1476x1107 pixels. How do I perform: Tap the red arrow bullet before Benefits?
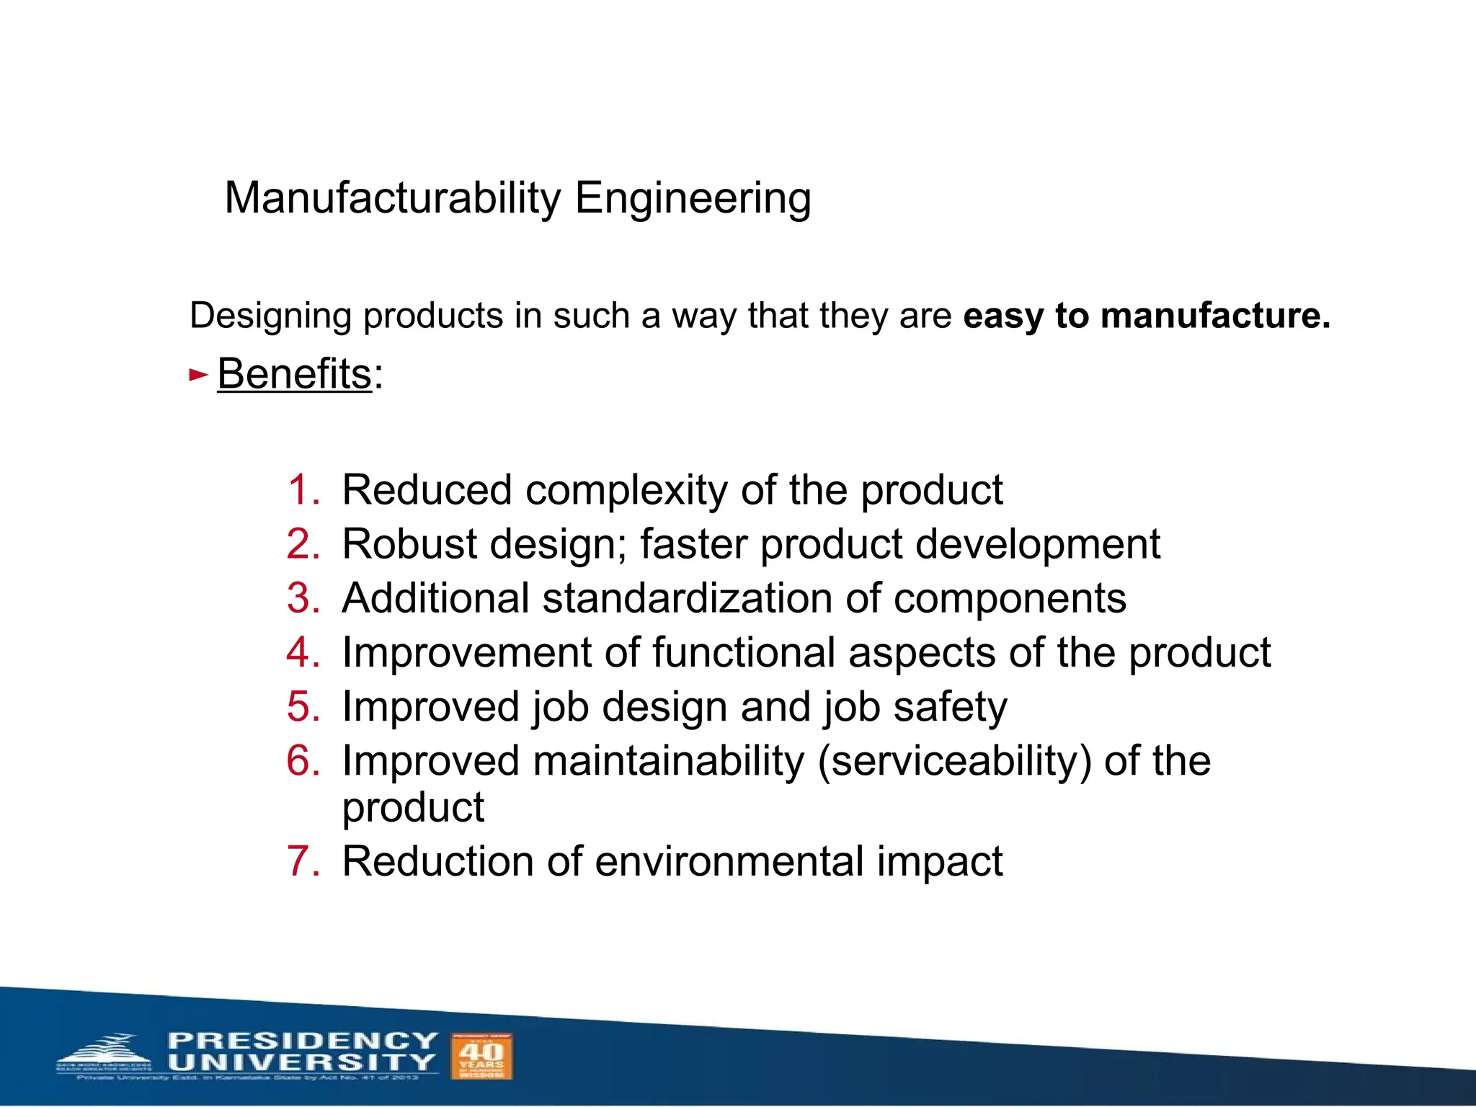[197, 375]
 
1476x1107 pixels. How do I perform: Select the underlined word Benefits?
[294, 375]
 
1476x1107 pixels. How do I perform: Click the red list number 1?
[303, 491]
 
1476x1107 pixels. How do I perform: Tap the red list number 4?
[303, 653]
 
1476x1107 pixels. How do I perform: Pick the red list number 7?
[303, 862]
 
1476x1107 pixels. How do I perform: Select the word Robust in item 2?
[409, 544]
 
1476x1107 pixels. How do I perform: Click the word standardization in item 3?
[688, 599]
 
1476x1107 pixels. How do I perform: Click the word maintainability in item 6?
[668, 762]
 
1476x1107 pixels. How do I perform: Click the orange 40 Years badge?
[481, 1056]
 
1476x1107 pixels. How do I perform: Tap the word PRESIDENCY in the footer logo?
[303, 1041]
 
